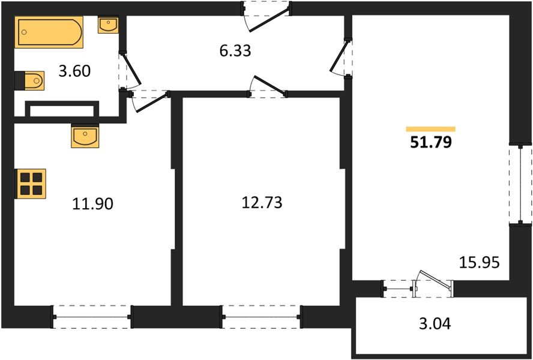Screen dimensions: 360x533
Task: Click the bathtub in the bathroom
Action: point(49,32)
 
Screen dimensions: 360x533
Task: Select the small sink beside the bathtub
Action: point(108,25)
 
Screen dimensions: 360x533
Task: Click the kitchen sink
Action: point(85,136)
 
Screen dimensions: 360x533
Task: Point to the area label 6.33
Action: point(235,51)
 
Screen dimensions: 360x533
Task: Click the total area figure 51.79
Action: point(430,143)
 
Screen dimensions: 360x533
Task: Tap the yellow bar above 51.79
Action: point(430,129)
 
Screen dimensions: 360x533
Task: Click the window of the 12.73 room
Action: point(262,316)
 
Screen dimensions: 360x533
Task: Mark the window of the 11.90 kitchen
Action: point(92,316)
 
